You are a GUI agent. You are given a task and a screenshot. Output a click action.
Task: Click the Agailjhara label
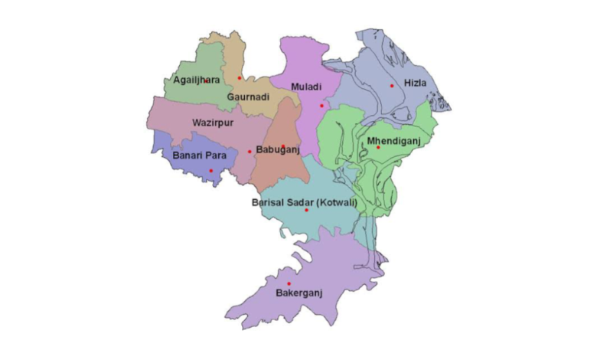click(x=196, y=80)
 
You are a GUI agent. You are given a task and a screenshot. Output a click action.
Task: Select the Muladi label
click(x=306, y=87)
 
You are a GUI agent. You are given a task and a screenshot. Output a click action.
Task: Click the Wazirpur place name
click(x=213, y=121)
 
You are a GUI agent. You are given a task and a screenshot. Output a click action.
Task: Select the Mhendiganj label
click(x=394, y=141)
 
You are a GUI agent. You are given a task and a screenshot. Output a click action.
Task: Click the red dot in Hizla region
click(x=392, y=86)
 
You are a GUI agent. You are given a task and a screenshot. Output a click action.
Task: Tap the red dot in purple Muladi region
click(x=321, y=106)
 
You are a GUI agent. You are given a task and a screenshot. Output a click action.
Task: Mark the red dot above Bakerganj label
click(x=289, y=284)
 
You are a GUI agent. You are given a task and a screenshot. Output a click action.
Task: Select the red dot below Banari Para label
click(x=211, y=170)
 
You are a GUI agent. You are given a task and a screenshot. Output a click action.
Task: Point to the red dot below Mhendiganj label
click(x=378, y=148)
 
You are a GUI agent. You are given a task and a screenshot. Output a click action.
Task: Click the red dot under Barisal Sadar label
click(x=307, y=210)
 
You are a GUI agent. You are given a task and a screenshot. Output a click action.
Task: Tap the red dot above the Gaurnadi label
click(x=239, y=78)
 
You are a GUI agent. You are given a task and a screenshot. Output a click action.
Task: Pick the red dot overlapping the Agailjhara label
click(x=207, y=80)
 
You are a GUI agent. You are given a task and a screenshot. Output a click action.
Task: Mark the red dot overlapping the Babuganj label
click(x=283, y=146)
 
